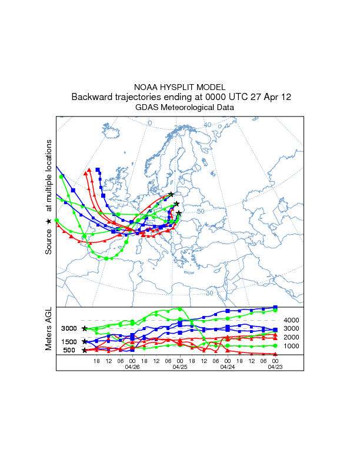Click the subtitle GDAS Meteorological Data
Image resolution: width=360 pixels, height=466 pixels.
185,108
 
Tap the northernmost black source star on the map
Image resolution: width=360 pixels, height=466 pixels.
171,194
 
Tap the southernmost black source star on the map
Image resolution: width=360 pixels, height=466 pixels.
179,213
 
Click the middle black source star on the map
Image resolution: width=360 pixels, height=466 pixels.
176,204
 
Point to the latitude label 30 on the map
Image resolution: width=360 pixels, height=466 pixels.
209,292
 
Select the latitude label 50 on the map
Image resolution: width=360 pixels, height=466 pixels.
201,211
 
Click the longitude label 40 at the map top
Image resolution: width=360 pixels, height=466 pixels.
208,125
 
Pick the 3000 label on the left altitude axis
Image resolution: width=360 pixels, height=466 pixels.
69,328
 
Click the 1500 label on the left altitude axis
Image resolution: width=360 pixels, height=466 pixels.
69,342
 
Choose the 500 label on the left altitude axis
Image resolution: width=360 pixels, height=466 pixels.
69,351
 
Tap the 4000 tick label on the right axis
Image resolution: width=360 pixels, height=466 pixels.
292,320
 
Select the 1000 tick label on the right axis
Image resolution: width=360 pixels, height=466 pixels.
292,346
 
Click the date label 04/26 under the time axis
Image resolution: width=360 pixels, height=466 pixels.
132,367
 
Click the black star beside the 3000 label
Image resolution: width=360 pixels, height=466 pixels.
85,328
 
